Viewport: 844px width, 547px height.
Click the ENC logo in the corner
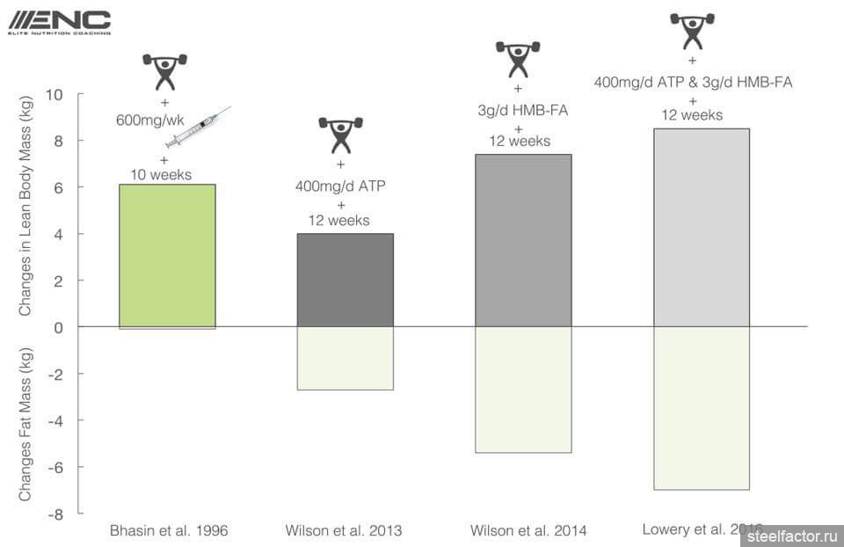[58, 21]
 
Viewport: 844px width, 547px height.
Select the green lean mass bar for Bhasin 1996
[167, 255]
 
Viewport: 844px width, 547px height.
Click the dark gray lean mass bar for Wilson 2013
[345, 280]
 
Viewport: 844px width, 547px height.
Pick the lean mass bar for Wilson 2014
[523, 240]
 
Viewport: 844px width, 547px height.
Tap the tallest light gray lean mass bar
[701, 228]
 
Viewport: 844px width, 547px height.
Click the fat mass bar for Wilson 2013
[345, 358]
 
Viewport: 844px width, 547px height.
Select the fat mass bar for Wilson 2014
[523, 390]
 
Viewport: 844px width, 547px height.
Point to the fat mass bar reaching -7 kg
[701, 408]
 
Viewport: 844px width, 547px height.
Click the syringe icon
[197, 128]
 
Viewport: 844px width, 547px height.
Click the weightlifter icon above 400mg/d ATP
[340, 135]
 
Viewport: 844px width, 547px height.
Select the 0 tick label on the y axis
[61, 327]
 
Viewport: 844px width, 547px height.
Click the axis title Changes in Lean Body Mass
[25, 206]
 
